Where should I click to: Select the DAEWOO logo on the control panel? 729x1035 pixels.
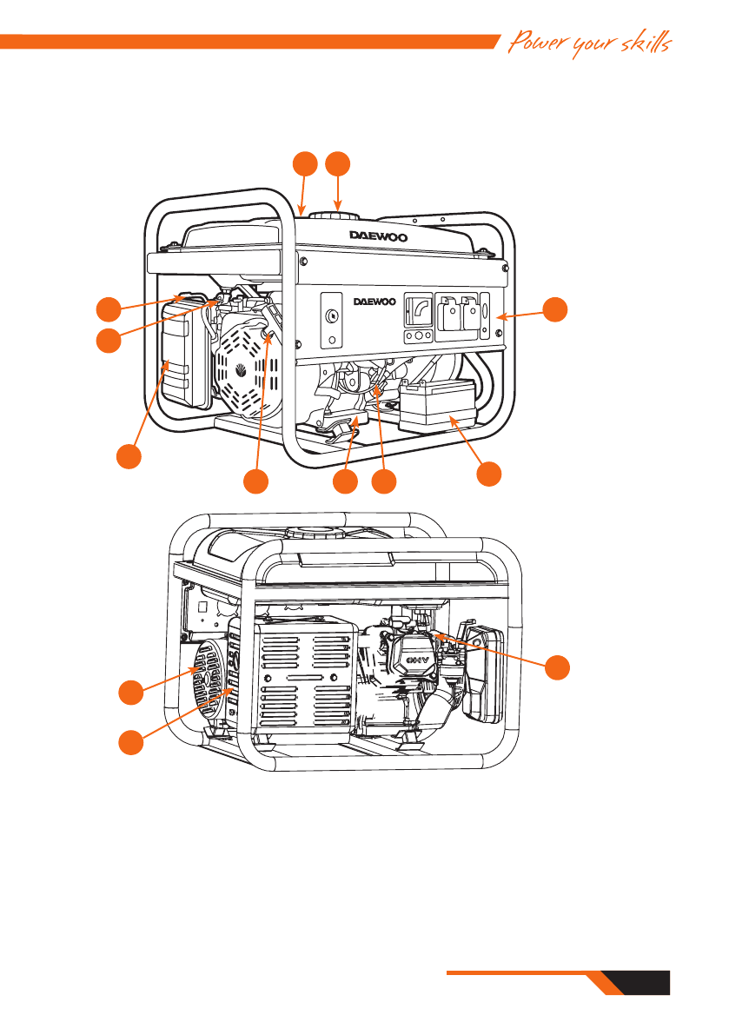[x=375, y=302]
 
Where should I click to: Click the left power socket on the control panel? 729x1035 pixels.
[x=452, y=315]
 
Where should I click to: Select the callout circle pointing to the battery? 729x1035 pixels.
[x=490, y=474]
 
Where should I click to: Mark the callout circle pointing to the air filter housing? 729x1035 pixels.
[x=129, y=457]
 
